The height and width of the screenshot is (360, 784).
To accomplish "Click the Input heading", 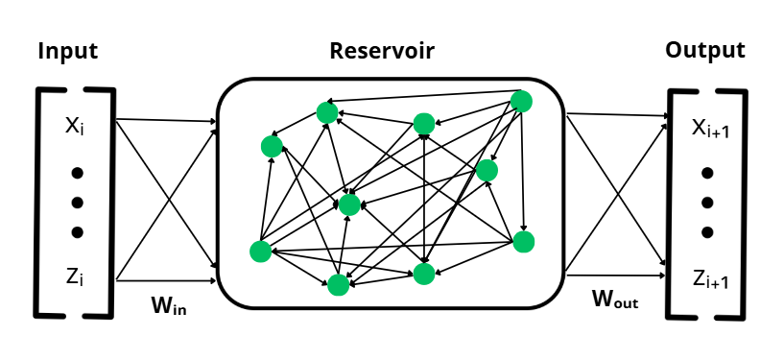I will (67, 52).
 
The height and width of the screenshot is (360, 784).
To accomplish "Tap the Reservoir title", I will (382, 51).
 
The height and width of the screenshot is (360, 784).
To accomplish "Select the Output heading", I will (705, 50).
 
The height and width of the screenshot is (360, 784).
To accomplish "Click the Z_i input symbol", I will (76, 276).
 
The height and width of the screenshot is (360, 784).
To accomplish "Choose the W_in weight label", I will (170, 306).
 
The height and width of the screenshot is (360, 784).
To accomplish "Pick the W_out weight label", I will (615, 300).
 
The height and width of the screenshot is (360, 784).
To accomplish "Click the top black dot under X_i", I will (78, 174).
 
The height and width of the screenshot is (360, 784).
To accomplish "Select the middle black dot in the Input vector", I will (78, 203).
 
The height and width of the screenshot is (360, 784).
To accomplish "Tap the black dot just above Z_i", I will (78, 231).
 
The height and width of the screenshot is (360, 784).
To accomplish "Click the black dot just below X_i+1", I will (707, 174).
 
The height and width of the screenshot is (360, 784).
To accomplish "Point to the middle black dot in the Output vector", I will (707, 203).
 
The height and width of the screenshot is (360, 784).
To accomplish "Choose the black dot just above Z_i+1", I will (707, 231).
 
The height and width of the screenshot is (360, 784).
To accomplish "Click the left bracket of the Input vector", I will (38, 203).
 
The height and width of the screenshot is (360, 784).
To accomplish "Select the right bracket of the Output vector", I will (743, 203).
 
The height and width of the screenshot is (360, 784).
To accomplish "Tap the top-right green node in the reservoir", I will (521, 101).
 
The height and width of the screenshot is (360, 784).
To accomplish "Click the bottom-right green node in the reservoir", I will (522, 241).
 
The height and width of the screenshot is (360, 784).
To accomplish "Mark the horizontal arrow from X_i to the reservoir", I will (163, 122).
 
